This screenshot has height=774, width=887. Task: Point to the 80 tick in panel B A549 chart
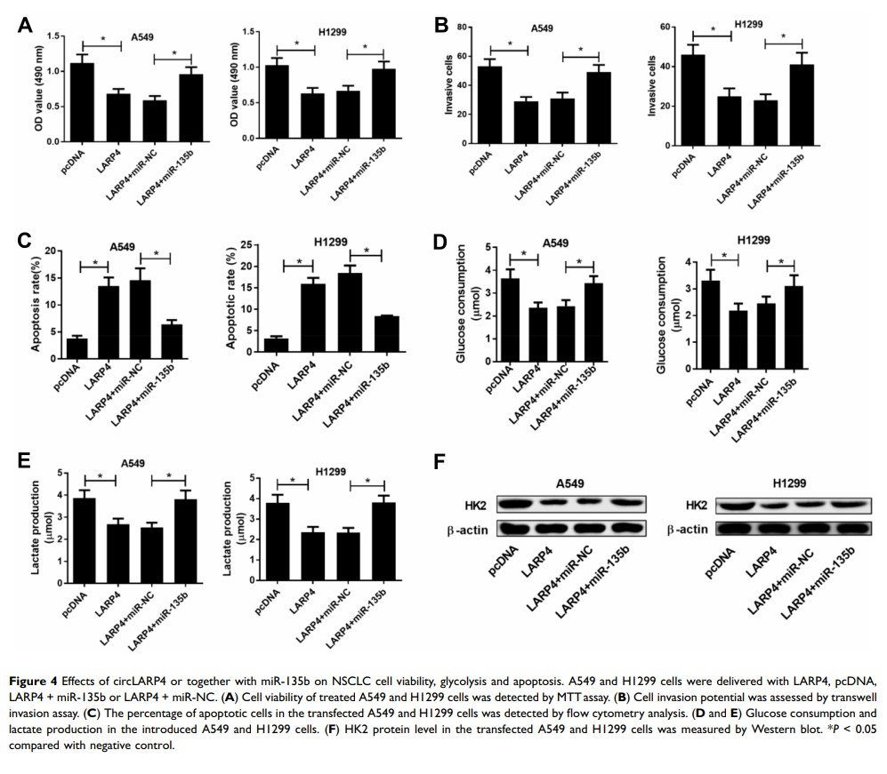pyautogui.click(x=463, y=28)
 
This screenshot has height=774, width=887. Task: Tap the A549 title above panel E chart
pyautogui.click(x=133, y=463)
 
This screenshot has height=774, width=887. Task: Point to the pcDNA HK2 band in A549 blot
pyautogui.click(x=514, y=505)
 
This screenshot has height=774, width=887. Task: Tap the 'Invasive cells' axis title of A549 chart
pyautogui.click(x=449, y=86)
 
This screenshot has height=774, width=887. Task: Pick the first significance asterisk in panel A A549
pyautogui.click(x=102, y=39)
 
